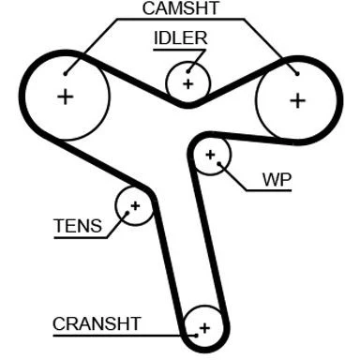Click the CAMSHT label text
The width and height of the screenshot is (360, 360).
point(181,8)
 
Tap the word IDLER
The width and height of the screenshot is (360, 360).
point(181,38)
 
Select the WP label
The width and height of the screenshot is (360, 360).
point(277,179)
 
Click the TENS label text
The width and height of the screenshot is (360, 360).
point(78,226)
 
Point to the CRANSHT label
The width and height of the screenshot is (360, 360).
point(97,323)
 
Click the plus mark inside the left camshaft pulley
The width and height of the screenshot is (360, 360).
point(66,97)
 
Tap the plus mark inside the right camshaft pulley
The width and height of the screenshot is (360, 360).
point(298,100)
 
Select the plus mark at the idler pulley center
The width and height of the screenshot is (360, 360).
point(188,83)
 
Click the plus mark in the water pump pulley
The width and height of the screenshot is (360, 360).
point(211,155)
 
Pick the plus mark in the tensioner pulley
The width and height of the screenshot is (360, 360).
point(135,206)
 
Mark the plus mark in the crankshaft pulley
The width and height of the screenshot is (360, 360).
point(205,328)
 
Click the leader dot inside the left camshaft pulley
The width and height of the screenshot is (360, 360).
point(66,74)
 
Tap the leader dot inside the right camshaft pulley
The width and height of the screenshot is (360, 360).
point(297,74)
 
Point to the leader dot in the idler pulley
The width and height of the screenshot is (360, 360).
point(188,72)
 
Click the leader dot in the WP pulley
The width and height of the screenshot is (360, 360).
point(219,163)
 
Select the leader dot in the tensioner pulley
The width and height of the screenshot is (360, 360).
point(127,213)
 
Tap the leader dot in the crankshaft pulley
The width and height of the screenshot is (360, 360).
point(196,336)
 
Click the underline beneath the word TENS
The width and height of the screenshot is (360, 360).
point(81,238)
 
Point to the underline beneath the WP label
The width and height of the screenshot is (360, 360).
point(269,190)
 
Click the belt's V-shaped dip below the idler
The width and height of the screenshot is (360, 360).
point(187,105)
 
